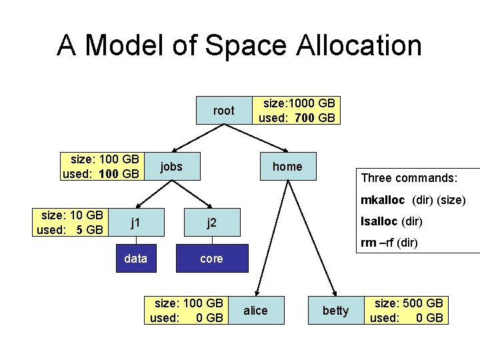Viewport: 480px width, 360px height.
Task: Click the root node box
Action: click(x=224, y=111)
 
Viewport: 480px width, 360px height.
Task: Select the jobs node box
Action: click(x=172, y=167)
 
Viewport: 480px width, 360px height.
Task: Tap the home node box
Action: click(x=287, y=167)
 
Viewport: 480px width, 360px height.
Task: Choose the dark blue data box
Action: click(x=136, y=259)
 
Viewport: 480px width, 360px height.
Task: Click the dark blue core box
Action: click(x=211, y=259)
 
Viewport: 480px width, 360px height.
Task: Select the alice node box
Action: click(x=255, y=311)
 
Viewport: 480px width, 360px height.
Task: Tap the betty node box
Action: click(x=335, y=311)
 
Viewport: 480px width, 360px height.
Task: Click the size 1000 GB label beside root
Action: click(x=299, y=103)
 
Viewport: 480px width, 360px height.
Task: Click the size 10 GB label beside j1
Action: click(x=72, y=215)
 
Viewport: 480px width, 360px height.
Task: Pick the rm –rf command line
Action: click(x=389, y=243)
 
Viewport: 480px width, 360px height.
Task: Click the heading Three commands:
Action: click(x=409, y=178)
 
